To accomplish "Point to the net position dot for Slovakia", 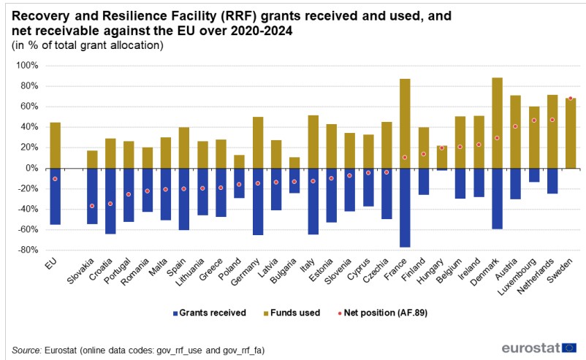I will [x=92, y=206].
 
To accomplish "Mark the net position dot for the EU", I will [x=55, y=179].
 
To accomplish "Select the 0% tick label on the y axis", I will [x=30, y=168].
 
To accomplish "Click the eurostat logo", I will [x=539, y=348].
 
